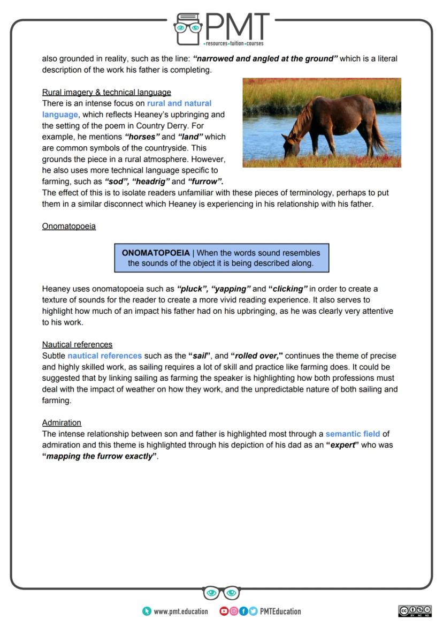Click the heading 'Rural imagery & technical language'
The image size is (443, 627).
[x=106, y=92]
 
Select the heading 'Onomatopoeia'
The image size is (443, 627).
[x=69, y=226]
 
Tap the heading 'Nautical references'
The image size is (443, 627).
[x=77, y=344]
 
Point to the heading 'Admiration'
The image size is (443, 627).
[x=62, y=422]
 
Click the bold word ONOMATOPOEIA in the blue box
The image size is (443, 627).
[x=156, y=253]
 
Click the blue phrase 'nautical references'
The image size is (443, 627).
[x=104, y=356]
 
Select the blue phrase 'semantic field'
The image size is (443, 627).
[x=353, y=434]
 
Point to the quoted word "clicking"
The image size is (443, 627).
[x=288, y=289]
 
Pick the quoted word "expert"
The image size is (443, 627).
[x=342, y=445]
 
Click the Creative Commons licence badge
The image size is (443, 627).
[x=415, y=611]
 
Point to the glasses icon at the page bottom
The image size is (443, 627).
[x=222, y=592]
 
